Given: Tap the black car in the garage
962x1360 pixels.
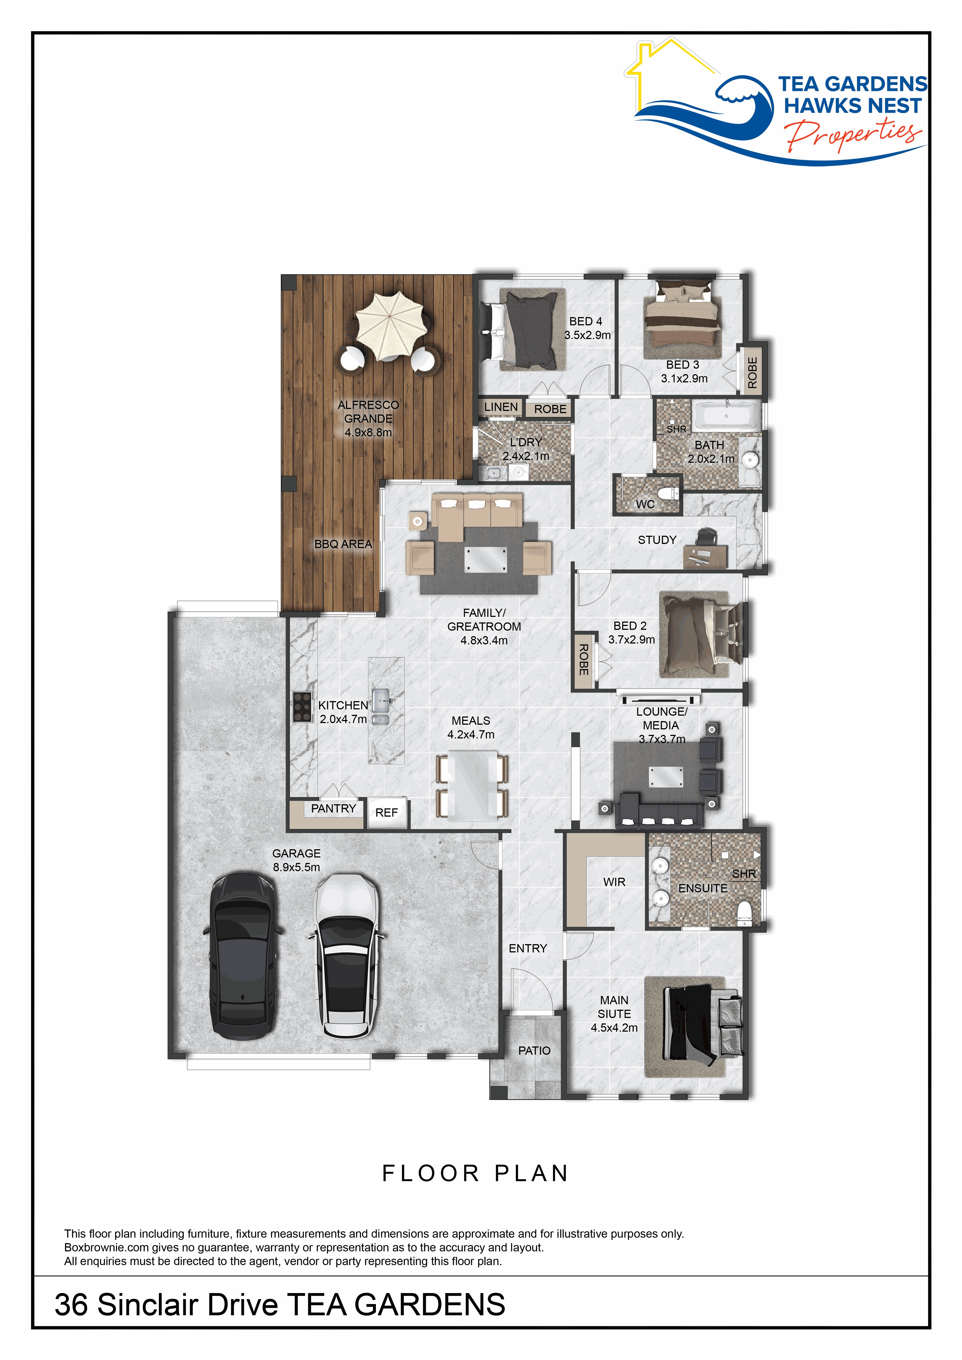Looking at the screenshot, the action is (x=243, y=955).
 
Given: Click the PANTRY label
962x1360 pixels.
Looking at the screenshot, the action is (x=333, y=809).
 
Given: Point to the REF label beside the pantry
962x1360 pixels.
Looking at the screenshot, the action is (x=386, y=813).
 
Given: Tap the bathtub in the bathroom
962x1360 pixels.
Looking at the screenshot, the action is (x=727, y=416).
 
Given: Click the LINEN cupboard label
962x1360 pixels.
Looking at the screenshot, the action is (x=501, y=407).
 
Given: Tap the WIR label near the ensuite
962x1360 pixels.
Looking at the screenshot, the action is (x=614, y=882).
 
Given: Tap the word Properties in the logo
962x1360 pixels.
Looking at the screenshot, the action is (x=853, y=134).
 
